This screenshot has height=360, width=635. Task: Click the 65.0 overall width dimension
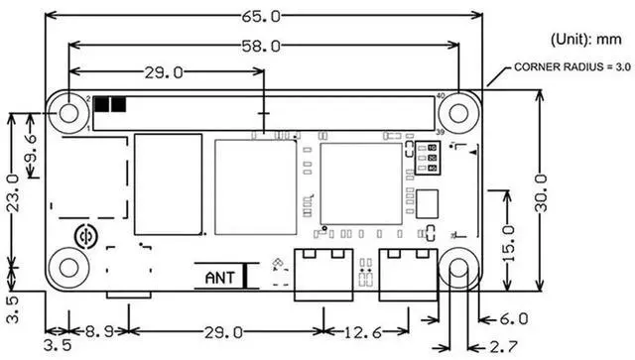coord(261,17)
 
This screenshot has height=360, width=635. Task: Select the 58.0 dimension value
coord(261,46)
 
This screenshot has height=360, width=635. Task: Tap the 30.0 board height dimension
coord(541,193)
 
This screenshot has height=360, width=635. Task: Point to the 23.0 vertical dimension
coord(14,193)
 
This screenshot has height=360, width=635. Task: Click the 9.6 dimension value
coord(32,149)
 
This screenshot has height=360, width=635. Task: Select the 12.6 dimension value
coord(363,332)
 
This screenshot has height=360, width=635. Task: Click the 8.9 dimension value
coord(99,332)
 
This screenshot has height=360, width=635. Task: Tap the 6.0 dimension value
coord(514,319)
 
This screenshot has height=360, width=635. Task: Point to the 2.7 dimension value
coord(504,347)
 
